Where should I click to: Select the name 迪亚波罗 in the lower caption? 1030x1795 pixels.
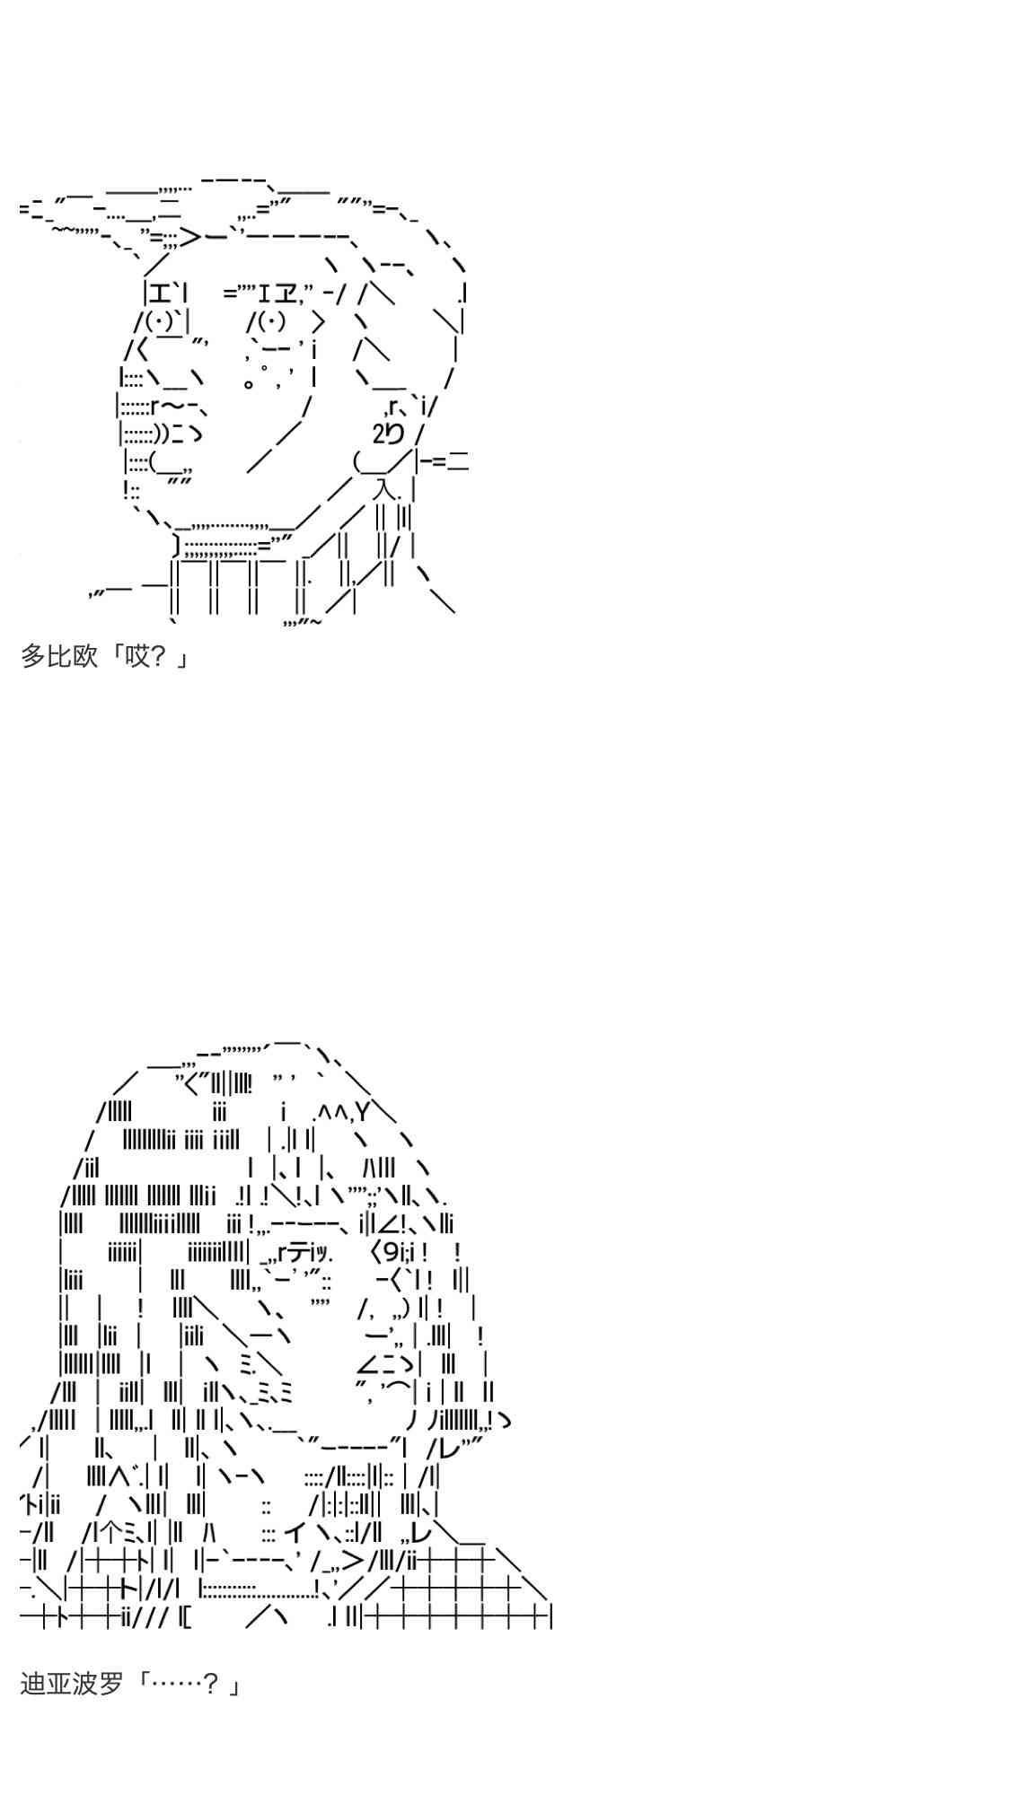point(71,1684)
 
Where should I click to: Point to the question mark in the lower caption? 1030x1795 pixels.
point(211,1684)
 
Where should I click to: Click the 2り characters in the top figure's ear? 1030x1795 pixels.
point(388,434)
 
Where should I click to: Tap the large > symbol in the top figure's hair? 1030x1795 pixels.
point(190,238)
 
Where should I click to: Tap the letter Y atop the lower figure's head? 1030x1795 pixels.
point(362,1113)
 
